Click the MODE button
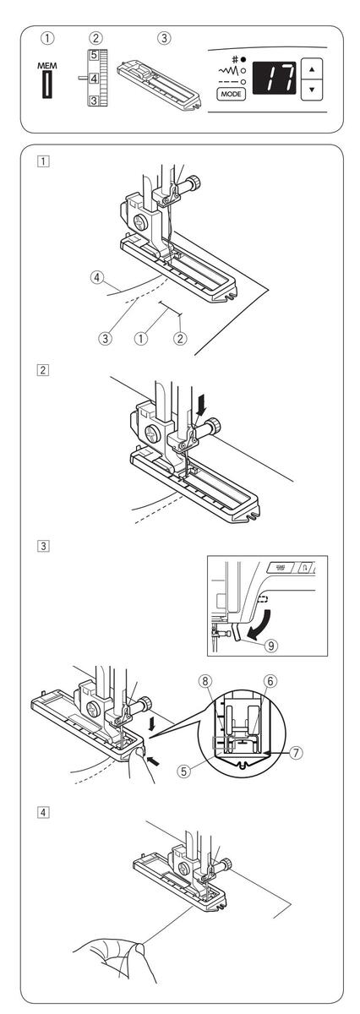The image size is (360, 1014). point(232,94)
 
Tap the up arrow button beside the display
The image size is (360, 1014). point(312,69)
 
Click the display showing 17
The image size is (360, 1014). point(275,78)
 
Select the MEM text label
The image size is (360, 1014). point(47,66)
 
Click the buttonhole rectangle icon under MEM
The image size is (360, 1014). point(47,84)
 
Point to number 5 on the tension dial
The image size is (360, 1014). point(94,56)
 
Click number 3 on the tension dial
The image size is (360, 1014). point(94,101)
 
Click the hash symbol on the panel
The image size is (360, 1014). point(235,59)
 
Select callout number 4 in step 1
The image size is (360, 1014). point(95,276)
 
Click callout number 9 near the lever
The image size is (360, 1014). point(270,645)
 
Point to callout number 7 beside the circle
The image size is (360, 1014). point(296,752)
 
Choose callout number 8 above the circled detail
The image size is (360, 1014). point(205,680)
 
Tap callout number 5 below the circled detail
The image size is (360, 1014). point(183,771)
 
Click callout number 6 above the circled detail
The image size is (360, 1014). point(270,680)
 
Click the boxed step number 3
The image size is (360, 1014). point(43,546)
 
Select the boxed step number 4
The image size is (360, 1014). point(43,812)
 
